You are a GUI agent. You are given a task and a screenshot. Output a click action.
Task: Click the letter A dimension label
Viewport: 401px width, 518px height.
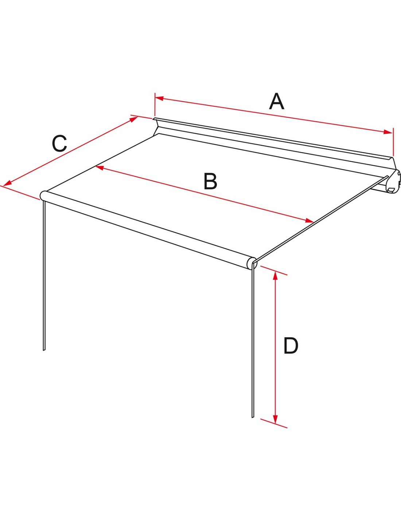(276, 102)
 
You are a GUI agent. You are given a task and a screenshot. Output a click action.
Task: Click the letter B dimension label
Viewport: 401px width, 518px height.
(210, 181)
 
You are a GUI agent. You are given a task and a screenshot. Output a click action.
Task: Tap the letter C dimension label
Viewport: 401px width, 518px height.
(59, 143)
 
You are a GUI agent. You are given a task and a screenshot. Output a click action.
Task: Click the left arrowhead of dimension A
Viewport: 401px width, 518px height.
(159, 98)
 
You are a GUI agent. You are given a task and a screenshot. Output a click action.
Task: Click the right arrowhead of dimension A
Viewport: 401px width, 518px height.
(388, 132)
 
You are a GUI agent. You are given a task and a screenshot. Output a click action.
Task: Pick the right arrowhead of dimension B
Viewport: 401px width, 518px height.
(309, 220)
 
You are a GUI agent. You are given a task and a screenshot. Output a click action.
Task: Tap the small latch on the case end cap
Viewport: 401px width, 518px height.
(391, 190)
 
